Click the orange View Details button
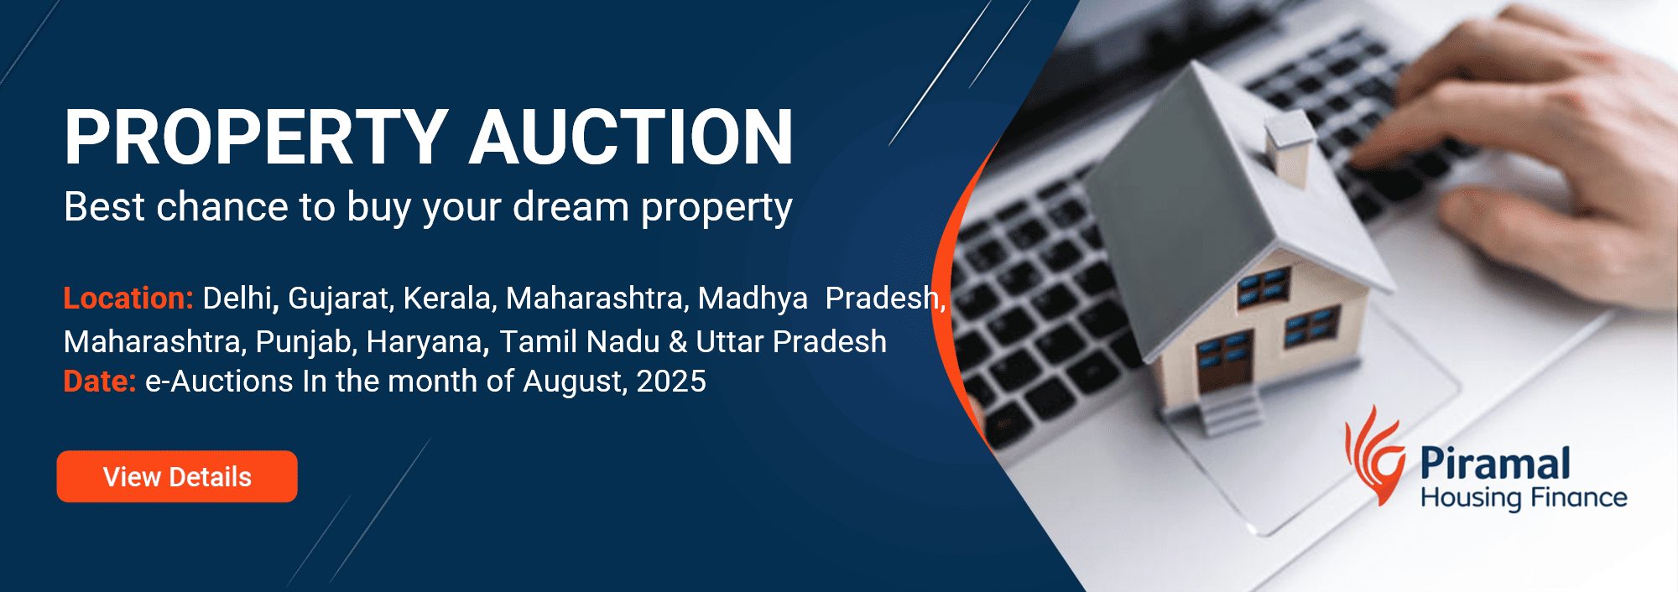pos(177,476)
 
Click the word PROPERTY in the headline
pos(257,137)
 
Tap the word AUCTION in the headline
pos(631,137)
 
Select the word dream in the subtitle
pos(571,206)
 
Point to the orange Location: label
pos(128,298)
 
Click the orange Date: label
pos(100,382)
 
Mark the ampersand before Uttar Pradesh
pos(678,342)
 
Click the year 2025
pos(671,382)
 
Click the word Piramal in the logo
pos(1495,464)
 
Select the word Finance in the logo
pos(1576,497)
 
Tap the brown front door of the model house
pos(1226,362)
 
